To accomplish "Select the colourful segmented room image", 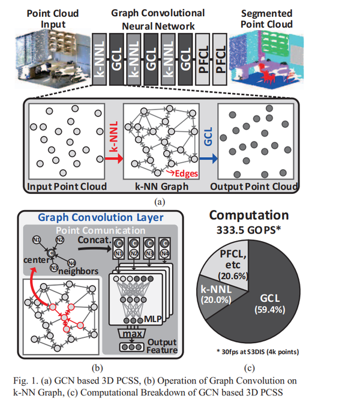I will pyautogui.click(x=265, y=56).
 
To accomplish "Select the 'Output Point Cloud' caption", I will pyautogui.click(x=254, y=186).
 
